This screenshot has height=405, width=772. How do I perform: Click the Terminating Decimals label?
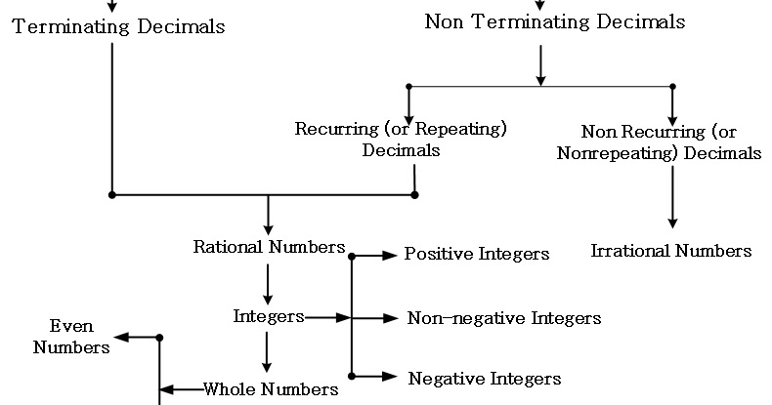(x=118, y=25)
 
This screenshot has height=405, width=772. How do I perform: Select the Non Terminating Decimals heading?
(x=555, y=21)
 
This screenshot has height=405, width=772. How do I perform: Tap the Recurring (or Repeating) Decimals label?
(x=401, y=140)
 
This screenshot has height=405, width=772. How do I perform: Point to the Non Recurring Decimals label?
(x=671, y=142)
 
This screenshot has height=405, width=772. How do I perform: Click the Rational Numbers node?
(x=269, y=246)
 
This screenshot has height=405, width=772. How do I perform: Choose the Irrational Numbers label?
(x=671, y=251)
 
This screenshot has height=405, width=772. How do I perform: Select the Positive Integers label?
(x=477, y=254)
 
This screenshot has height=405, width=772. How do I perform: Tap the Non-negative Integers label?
(x=504, y=317)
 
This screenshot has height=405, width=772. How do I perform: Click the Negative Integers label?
(x=485, y=379)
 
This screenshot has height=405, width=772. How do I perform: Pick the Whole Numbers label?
(x=271, y=389)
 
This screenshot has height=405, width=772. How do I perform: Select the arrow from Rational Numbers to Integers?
(x=268, y=285)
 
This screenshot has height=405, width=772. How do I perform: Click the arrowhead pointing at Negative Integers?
(x=392, y=376)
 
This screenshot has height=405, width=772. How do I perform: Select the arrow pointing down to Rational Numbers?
(x=268, y=214)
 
